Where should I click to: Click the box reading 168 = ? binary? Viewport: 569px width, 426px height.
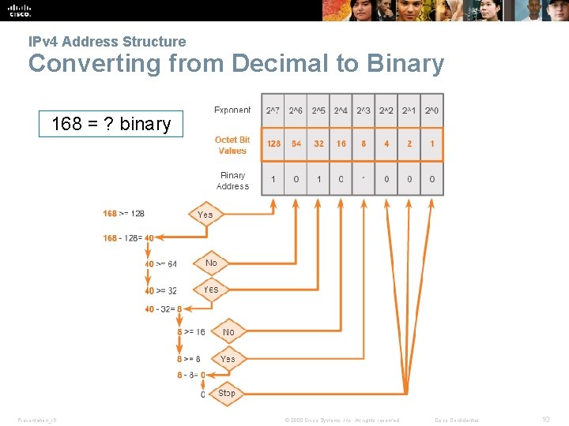pyautogui.click(x=111, y=124)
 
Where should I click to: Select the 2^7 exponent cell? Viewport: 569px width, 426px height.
pyautogui.click(x=273, y=110)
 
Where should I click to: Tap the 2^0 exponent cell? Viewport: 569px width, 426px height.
pyautogui.click(x=432, y=110)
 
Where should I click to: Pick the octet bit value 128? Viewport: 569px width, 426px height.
pyautogui.click(x=273, y=144)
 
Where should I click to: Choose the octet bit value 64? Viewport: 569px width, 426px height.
pyautogui.click(x=296, y=144)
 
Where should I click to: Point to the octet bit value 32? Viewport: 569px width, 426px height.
pyautogui.click(x=318, y=144)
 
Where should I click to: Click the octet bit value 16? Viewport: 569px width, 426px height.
pyautogui.click(x=341, y=144)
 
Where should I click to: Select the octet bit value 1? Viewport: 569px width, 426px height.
pyautogui.click(x=432, y=144)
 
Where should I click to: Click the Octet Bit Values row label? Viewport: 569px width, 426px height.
pyautogui.click(x=232, y=145)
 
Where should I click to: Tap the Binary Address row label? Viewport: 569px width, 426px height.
pyautogui.click(x=232, y=181)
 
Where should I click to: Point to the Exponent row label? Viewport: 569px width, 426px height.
pyautogui.click(x=232, y=110)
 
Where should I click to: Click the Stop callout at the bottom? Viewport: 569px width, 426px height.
pyautogui.click(x=227, y=393)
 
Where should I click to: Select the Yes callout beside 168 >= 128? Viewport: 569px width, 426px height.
pyautogui.click(x=205, y=214)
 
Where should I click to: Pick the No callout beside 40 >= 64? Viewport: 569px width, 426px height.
pyautogui.click(x=211, y=263)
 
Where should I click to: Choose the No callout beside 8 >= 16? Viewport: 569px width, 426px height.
pyautogui.click(x=228, y=332)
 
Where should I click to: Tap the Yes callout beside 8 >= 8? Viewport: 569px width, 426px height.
pyautogui.click(x=228, y=359)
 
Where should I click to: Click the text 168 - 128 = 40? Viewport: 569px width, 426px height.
pyautogui.click(x=128, y=237)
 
